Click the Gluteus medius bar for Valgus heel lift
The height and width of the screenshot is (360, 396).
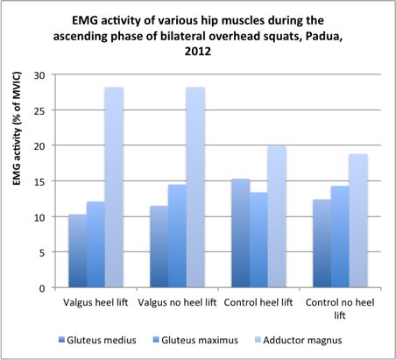point(77,251)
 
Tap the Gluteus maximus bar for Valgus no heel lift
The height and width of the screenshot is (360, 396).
point(175,236)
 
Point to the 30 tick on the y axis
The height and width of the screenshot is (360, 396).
point(39,74)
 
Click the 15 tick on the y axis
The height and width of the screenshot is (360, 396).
point(39,181)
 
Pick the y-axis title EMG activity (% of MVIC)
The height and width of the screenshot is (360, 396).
point(15,180)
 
